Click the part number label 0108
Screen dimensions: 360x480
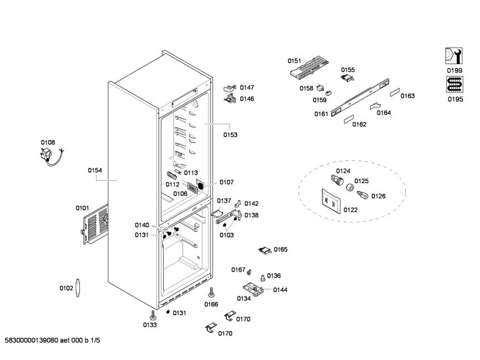(48, 142)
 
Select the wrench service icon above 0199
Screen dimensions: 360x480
(454, 56)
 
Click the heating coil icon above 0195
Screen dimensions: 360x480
(454, 85)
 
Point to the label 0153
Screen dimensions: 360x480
(230, 135)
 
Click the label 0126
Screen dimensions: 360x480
(378, 196)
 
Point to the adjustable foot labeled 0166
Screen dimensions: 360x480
(211, 293)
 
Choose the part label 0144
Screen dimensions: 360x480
(280, 290)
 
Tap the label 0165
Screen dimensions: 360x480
(281, 249)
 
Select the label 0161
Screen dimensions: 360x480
(321, 114)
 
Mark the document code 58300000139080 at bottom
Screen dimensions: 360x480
(54, 340)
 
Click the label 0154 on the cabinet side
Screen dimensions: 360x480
(95, 170)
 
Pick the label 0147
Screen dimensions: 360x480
(247, 87)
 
